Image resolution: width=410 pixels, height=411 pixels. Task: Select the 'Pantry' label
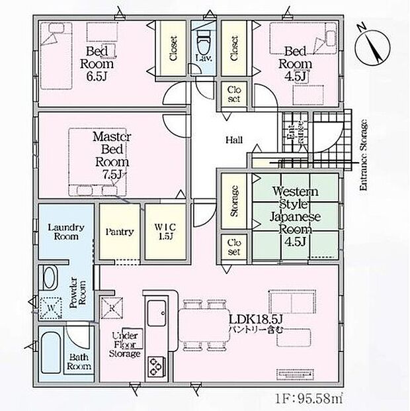[x=120, y=232]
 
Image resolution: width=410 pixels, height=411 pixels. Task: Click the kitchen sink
[x=158, y=310]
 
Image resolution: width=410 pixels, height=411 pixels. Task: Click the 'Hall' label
[x=233, y=140]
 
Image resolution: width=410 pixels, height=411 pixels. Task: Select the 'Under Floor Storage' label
[x=126, y=344]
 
